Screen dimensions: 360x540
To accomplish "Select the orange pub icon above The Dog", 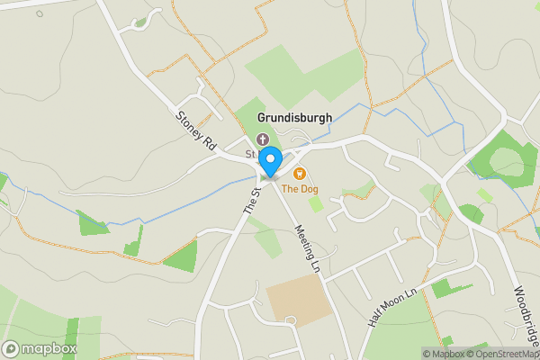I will [x=300, y=174].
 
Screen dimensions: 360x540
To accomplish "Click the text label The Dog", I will [x=300, y=189].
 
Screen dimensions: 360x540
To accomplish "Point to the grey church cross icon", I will [x=263, y=139].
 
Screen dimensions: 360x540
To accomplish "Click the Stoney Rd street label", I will [x=196, y=129].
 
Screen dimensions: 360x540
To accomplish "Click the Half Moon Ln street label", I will [x=394, y=307].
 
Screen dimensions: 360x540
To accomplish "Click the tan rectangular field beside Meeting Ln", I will [x=292, y=300].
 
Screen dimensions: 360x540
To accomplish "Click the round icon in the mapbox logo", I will [x=12, y=348].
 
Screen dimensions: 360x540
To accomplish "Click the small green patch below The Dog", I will [x=316, y=204].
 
